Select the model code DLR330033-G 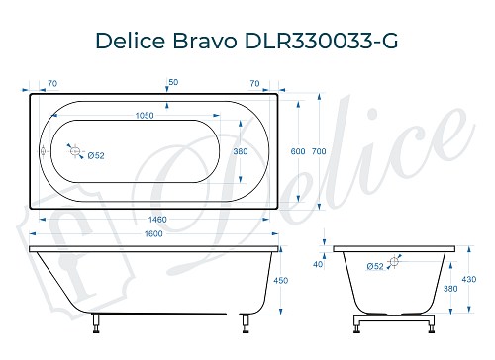pos(320,41)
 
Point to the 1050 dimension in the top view pos(144,117)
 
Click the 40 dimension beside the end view pos(318,264)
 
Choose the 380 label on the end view pos(451,289)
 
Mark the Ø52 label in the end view pos(375,267)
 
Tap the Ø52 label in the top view pos(97,156)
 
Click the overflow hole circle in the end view pos(395,261)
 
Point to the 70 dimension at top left pos(51,83)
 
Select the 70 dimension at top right pos(254,83)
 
